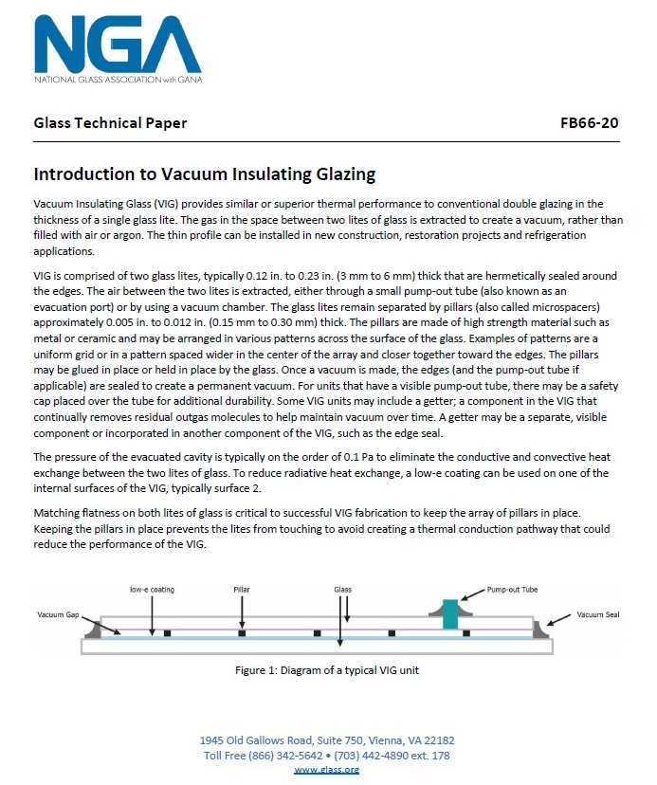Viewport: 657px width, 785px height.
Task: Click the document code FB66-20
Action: pos(591,123)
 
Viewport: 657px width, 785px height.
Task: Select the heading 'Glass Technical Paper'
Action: pos(110,123)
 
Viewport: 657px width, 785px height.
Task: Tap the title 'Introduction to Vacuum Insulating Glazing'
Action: pos(205,174)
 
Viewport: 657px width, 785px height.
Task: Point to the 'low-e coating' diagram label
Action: pos(153,590)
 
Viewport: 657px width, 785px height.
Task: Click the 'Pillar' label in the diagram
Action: pos(242,590)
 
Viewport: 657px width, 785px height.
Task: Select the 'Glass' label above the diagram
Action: pos(342,590)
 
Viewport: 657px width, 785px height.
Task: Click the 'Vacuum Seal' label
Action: pos(598,615)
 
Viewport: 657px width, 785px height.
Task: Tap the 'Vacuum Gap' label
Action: pos(58,615)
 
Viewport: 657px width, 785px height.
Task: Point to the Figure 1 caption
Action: pos(327,670)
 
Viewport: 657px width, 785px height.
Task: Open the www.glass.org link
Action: pos(327,769)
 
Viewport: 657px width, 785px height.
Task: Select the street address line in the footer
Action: pos(327,740)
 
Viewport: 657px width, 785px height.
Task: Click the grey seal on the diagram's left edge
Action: pos(97,627)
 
